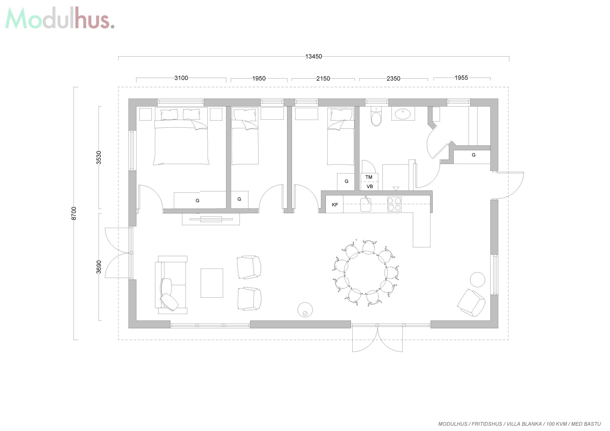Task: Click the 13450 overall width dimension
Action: pos(314,56)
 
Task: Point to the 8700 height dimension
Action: pos(74,213)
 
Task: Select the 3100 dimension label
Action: pos(181,78)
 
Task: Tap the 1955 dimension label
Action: pos(461,78)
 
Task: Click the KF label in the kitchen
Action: pos(335,205)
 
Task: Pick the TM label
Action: pos(369,177)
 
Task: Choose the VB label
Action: pos(370,187)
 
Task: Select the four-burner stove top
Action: pos(394,204)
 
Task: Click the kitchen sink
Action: pos(366,204)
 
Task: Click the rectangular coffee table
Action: pos(212,283)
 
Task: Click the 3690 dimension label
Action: pos(99,267)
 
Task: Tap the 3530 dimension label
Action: pos(99,157)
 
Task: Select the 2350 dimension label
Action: pos(393,79)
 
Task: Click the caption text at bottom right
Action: pos(519,424)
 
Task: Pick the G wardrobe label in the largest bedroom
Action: pos(197,201)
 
